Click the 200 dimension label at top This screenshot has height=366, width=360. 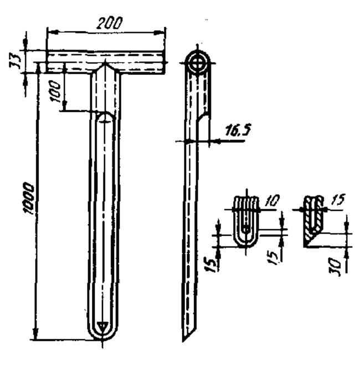tap(109, 23)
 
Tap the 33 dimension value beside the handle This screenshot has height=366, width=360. tap(15, 60)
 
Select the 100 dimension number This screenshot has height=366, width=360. tap(55, 91)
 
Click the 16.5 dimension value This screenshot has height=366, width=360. tap(238, 130)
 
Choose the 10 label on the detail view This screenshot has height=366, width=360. tap(272, 201)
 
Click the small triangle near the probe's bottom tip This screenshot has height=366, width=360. tap(102, 326)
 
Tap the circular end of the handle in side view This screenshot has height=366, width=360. tap(198, 63)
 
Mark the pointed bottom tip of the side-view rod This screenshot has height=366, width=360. tap(183, 341)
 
